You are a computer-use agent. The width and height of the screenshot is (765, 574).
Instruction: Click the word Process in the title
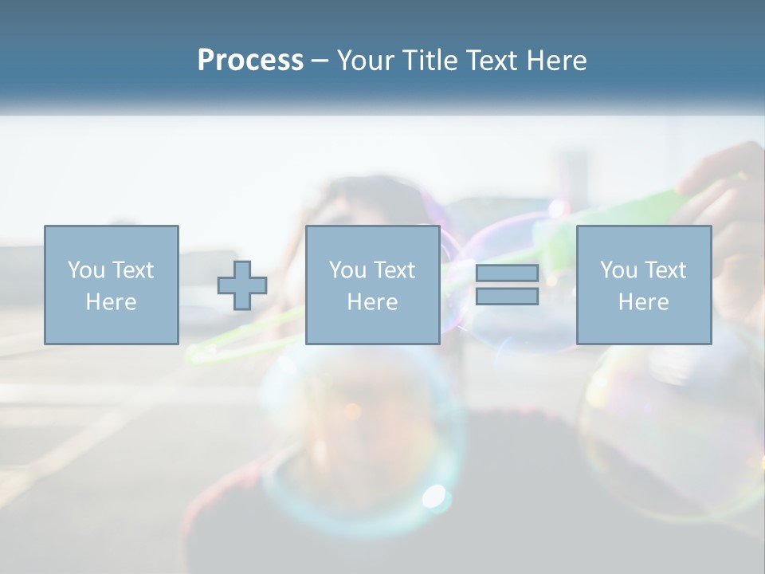pos(250,60)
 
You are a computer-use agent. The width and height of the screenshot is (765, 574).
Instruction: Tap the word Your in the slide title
pos(366,60)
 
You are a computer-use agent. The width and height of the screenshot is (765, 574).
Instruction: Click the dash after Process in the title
pos(320,61)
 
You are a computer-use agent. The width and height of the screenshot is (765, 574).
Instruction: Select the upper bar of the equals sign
pos(507,273)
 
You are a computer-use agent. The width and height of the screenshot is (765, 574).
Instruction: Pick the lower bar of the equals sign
pos(507,296)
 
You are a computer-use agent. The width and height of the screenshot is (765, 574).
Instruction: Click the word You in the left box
pos(84,270)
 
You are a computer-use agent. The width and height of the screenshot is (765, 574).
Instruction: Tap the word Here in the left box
pos(111,302)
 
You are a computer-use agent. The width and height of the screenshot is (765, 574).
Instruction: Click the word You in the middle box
pos(347,270)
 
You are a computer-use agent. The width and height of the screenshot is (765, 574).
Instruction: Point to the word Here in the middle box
pos(372,302)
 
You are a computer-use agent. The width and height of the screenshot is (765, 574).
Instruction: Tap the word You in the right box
pos(618,270)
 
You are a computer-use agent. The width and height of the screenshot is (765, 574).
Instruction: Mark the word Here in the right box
pos(643,302)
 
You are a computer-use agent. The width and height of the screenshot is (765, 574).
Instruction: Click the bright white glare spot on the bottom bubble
pos(434,496)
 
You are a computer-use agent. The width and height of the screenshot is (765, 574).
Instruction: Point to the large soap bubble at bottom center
pos(363,446)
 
